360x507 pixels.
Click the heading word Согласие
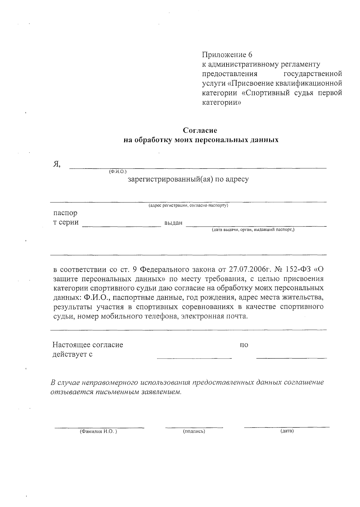[200, 130]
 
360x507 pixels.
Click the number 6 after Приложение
[250, 55]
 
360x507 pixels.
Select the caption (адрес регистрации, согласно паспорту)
[188, 205]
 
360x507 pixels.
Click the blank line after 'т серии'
[121, 226]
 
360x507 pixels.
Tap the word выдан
[173, 223]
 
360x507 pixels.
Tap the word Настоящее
[71, 345]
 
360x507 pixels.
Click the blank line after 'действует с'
[194, 357]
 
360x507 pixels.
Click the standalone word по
[244, 345]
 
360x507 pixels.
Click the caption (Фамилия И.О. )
[98, 431]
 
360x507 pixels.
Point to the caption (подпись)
[194, 431]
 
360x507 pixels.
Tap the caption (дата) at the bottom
[287, 431]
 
